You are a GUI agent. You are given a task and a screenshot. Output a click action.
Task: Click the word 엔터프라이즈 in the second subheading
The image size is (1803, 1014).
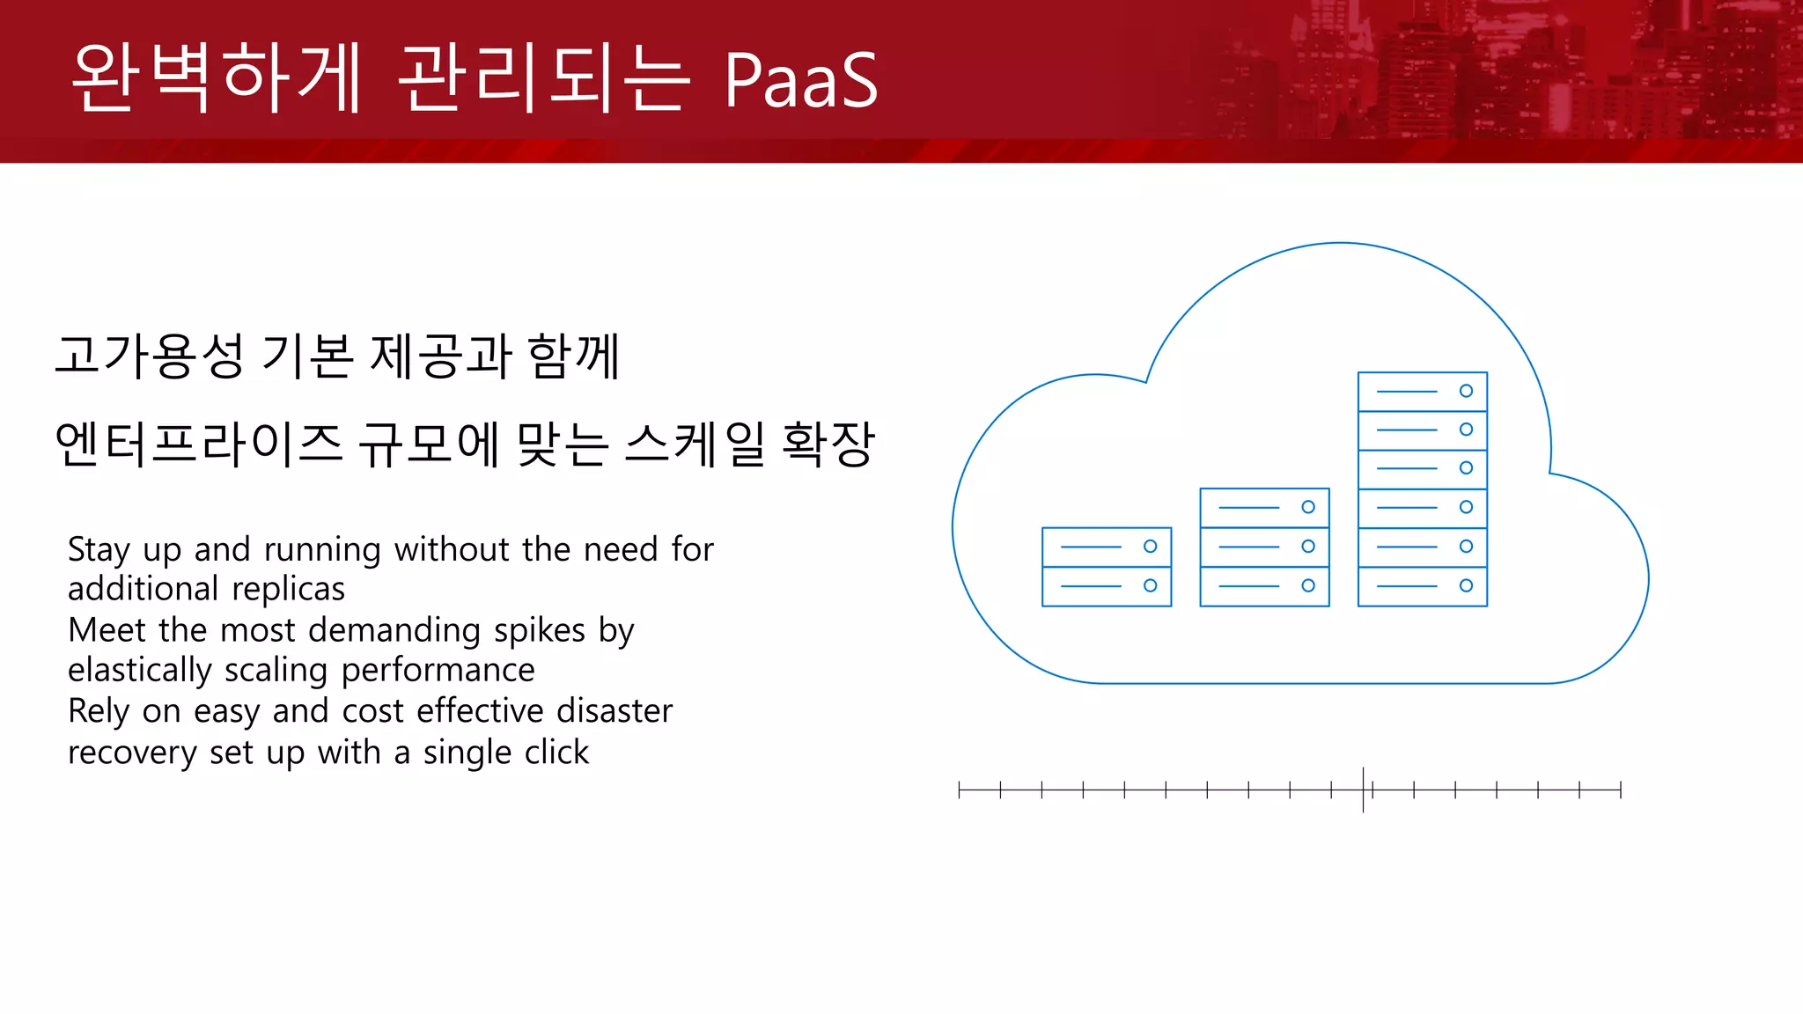[x=198, y=444]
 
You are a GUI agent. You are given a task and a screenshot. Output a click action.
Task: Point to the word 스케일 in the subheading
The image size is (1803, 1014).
[x=695, y=444]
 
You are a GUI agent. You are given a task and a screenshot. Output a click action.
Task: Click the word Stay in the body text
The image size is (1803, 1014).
[x=99, y=550]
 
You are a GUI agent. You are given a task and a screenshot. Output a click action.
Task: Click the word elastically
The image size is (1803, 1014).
[x=140, y=671]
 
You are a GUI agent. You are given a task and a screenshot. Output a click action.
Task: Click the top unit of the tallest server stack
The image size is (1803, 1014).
[x=1422, y=392]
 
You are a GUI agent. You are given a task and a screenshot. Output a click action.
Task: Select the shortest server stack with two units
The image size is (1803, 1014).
[x=1107, y=567]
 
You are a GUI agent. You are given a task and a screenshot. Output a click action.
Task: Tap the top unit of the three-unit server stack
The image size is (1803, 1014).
[x=1264, y=508]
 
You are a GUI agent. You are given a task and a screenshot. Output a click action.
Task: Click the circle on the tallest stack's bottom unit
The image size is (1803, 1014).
[x=1466, y=585]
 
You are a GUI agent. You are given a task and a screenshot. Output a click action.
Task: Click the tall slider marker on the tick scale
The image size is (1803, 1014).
[x=1364, y=790]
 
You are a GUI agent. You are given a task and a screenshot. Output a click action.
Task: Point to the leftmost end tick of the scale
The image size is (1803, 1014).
[x=960, y=790]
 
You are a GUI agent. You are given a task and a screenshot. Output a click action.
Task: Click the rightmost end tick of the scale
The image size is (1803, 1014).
[x=1620, y=790]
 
